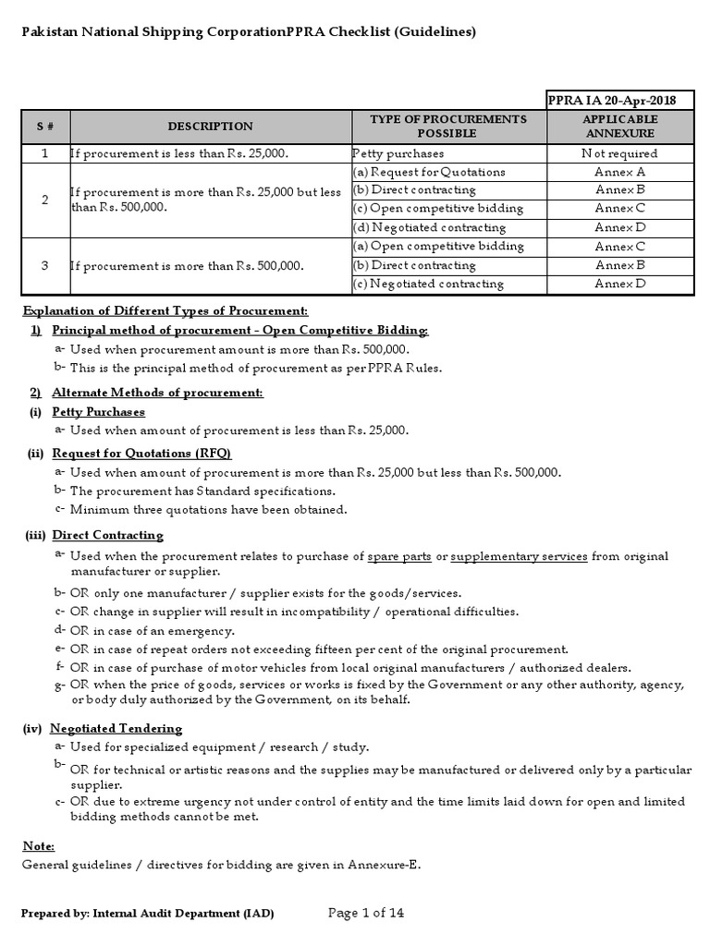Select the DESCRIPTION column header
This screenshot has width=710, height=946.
click(x=210, y=127)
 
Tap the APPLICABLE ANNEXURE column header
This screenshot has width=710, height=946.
click(x=620, y=127)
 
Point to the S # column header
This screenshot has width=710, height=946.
click(x=45, y=127)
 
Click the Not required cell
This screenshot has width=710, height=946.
click(x=620, y=153)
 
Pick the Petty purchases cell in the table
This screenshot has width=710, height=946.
click(x=398, y=153)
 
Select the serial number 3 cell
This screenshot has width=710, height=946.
click(x=45, y=265)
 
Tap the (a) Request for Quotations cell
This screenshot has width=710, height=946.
click(x=428, y=172)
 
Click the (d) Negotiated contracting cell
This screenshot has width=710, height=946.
click(x=429, y=227)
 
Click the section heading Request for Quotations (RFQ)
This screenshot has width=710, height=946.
click(x=141, y=453)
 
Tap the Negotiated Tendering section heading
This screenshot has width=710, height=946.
click(x=116, y=728)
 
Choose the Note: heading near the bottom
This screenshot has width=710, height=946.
click(x=38, y=846)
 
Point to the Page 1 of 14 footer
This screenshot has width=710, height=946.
click(x=366, y=914)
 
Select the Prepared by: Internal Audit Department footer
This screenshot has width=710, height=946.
click(x=148, y=914)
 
